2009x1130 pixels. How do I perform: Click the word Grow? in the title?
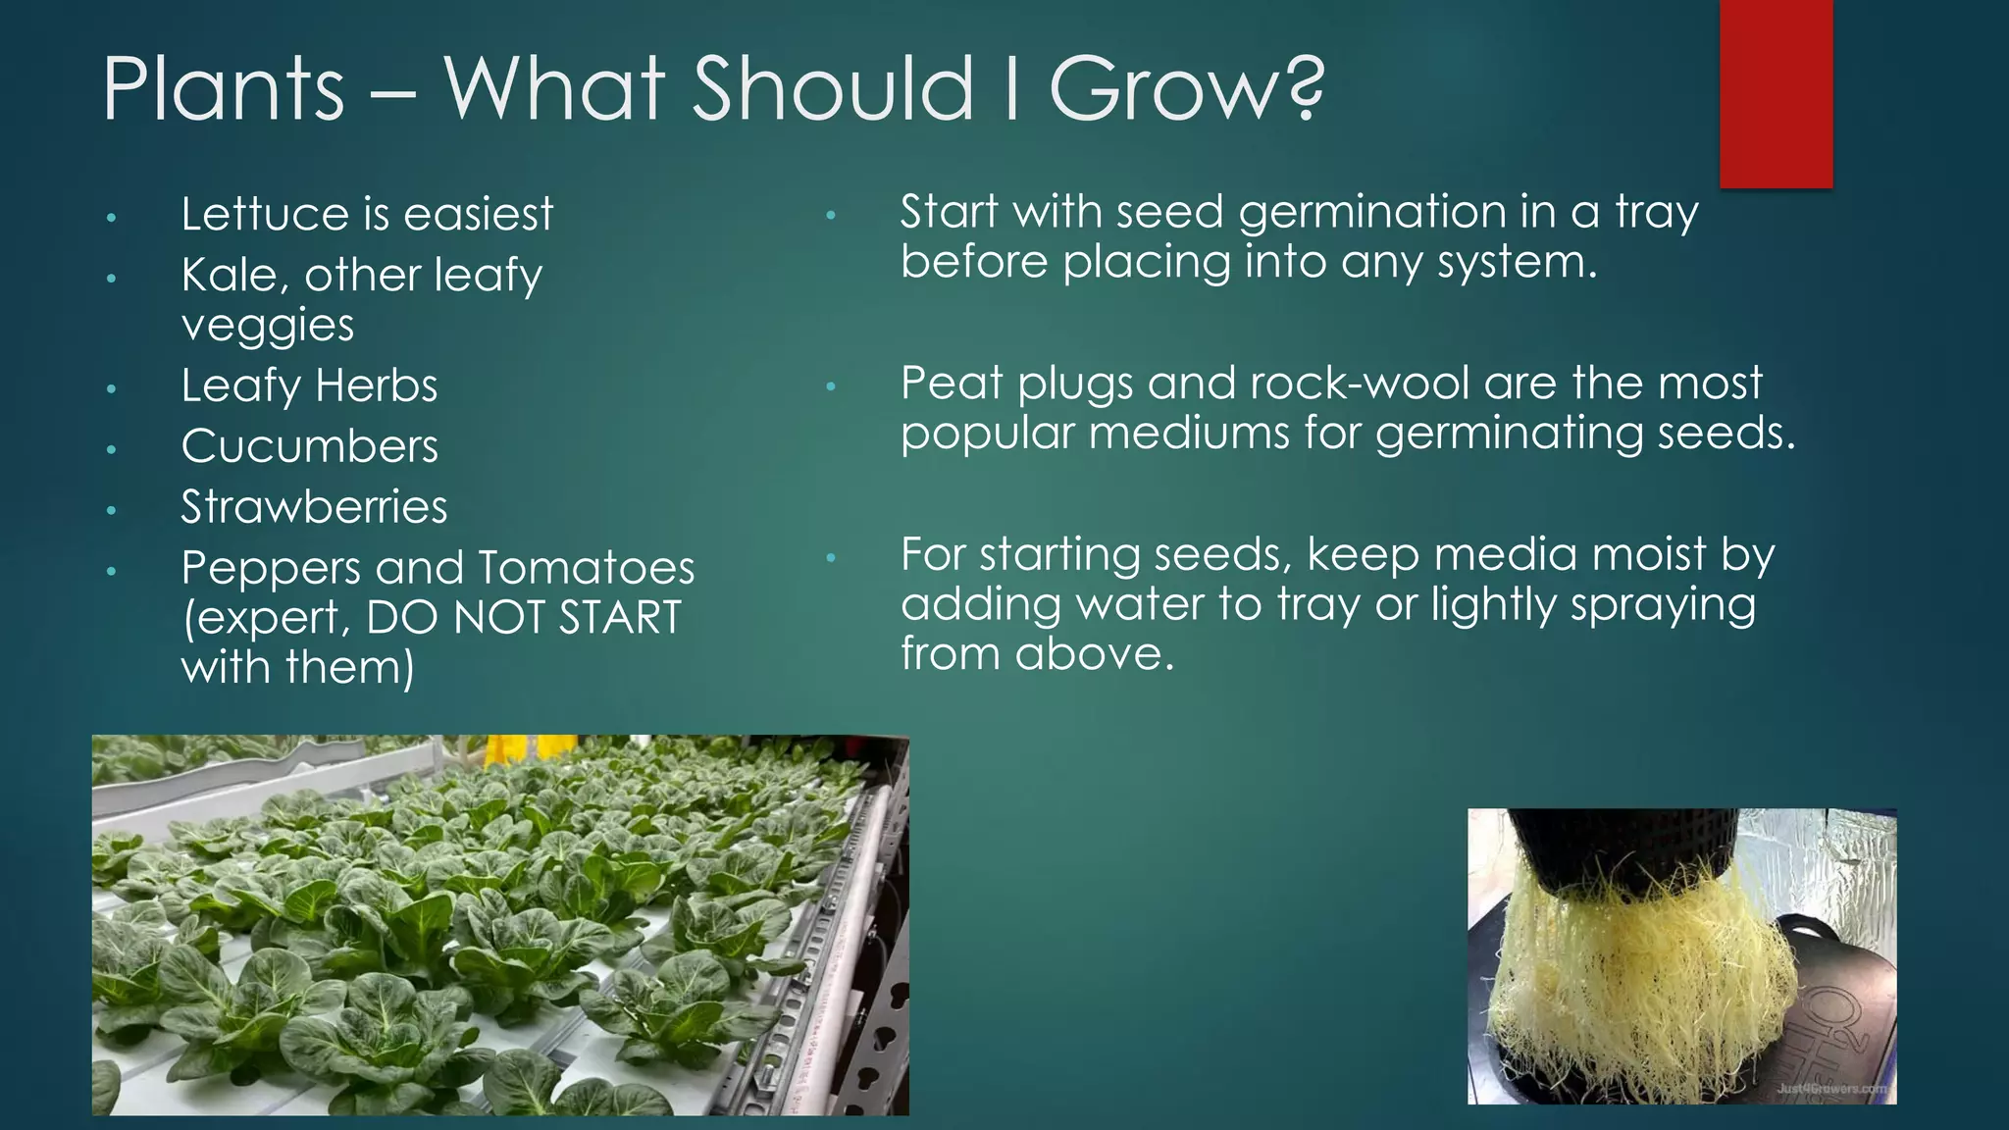[x=1187, y=88]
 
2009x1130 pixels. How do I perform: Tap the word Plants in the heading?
[x=224, y=88]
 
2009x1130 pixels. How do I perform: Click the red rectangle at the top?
[x=1776, y=93]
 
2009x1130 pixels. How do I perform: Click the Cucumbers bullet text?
[x=309, y=446]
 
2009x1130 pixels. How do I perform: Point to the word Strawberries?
[x=314, y=507]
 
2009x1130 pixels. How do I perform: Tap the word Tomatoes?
[x=587, y=568]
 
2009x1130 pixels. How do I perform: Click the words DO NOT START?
[x=524, y=618]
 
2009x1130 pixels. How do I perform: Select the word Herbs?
[x=377, y=385]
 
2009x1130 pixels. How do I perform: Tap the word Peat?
[x=951, y=383]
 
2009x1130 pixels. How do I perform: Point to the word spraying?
[x=1663, y=605]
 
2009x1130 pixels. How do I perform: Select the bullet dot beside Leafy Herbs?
[x=112, y=389]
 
